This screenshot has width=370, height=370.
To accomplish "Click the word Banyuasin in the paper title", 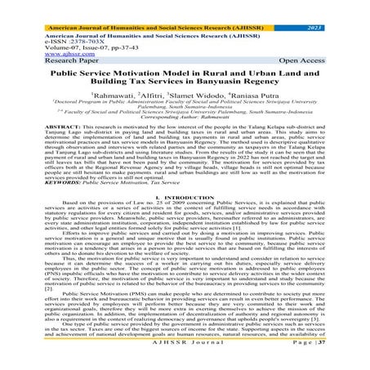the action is pos(248,83).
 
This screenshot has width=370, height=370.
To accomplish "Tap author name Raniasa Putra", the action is pos(259,96).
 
